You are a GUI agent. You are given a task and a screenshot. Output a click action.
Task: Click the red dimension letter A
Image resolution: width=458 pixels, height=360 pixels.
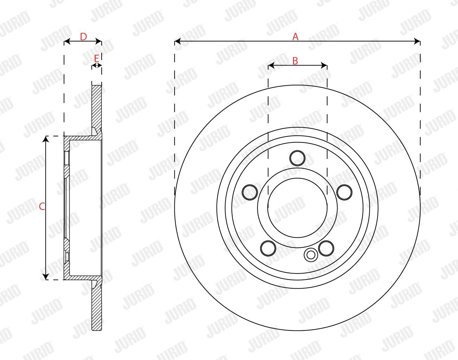[295, 37]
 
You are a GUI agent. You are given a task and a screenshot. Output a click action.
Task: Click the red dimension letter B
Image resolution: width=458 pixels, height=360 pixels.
[295, 61]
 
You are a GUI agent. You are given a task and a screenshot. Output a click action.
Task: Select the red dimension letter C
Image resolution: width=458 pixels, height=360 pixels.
[42, 206]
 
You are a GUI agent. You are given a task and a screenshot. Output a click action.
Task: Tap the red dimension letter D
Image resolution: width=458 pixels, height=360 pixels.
[83, 37]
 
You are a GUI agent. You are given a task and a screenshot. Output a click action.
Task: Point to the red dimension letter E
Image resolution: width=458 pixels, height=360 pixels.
[96, 58]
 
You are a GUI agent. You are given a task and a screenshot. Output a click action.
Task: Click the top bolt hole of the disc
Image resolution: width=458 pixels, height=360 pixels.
[297, 158]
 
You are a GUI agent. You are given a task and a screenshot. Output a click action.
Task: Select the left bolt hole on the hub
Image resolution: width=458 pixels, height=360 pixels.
[250, 192]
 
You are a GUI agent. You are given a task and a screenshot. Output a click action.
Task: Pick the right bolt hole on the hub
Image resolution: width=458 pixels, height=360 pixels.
[344, 192]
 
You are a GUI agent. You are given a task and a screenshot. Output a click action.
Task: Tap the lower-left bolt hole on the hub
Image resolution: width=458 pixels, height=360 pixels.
[268, 248]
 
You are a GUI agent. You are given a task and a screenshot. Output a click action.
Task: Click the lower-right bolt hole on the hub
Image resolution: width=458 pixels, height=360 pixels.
[326, 248]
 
